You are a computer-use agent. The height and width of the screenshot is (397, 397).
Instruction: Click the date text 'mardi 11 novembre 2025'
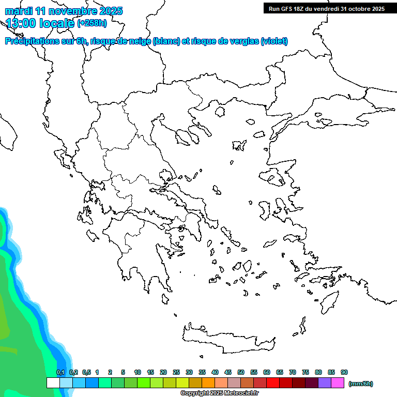(64, 11)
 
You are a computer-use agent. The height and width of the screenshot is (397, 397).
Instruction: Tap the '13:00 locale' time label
(40, 23)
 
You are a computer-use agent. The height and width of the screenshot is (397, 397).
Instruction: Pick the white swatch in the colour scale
(53, 383)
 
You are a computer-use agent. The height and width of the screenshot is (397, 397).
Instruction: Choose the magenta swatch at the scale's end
(338, 383)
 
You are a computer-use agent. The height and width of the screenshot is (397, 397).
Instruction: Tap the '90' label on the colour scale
(344, 372)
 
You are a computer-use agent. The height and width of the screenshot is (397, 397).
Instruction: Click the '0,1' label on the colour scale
(60, 372)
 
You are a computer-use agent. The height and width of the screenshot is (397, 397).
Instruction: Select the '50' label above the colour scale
(241, 372)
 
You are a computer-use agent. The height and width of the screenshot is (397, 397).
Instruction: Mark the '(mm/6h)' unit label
(361, 384)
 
